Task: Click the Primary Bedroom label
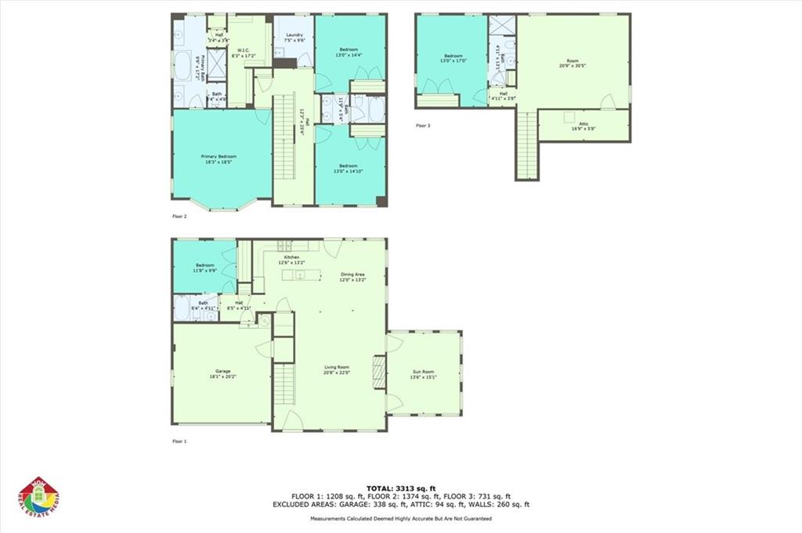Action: (x=218, y=157)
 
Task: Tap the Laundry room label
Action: (x=294, y=35)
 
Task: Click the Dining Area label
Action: (x=352, y=275)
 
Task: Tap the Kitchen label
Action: (x=291, y=258)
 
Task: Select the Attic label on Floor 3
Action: (x=583, y=124)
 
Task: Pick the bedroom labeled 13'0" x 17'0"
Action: (x=453, y=56)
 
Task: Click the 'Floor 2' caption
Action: (x=179, y=216)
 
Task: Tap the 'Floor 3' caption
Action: (x=423, y=125)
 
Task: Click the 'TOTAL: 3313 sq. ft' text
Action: (x=400, y=488)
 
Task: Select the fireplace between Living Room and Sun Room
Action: (x=379, y=373)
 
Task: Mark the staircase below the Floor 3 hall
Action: (x=527, y=145)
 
